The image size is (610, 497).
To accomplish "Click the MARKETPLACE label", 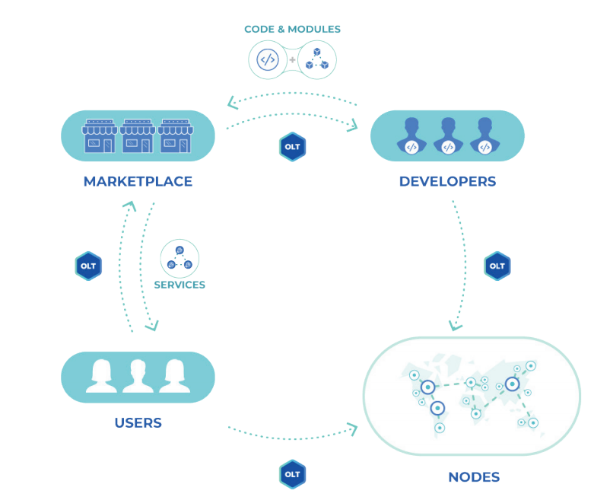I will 138,182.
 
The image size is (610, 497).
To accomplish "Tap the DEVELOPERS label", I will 447,182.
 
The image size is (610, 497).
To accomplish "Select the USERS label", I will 138,423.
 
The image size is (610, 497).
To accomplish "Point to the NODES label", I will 474,478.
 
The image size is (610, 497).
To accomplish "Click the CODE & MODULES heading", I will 292,30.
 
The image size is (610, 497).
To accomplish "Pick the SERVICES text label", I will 180,285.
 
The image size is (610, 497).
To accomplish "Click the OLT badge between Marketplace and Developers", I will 292,147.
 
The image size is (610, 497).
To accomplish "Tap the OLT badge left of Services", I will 88,266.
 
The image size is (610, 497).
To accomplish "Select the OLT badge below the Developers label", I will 497,266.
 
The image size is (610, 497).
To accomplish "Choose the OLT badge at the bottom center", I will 292,473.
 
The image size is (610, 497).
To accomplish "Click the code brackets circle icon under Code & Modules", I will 268,59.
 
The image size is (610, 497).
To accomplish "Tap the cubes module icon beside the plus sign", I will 316,60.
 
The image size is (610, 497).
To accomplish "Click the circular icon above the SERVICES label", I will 180,259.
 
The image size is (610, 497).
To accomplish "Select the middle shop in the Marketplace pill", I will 138,135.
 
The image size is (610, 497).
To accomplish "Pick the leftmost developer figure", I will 411,136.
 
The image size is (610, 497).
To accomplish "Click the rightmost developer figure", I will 485,136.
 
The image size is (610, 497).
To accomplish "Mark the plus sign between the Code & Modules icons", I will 292,59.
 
